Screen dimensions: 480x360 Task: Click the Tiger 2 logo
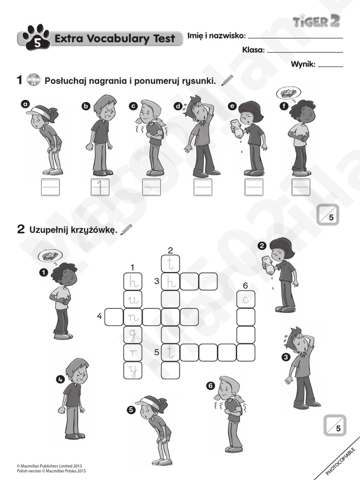pyautogui.click(x=316, y=21)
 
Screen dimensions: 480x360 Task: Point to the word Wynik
pyautogui.click(x=303, y=65)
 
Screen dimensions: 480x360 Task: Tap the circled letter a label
pyautogui.click(x=25, y=104)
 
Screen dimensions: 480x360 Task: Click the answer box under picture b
pyautogui.click(x=100, y=187)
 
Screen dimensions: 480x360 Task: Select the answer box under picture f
pyautogui.click(x=301, y=187)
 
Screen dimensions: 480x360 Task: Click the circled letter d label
pyautogui.click(x=178, y=106)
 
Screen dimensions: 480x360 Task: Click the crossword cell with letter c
pyautogui.click(x=246, y=299)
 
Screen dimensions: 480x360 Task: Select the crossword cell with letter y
pyautogui.click(x=132, y=371)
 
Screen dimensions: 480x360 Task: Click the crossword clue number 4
pyautogui.click(x=99, y=316)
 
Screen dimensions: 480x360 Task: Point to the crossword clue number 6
pyautogui.click(x=245, y=285)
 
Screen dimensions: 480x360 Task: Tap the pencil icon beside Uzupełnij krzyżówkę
pyautogui.click(x=126, y=230)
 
